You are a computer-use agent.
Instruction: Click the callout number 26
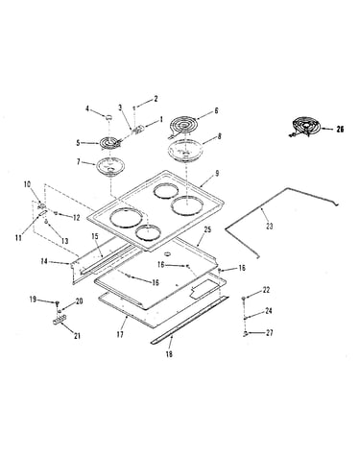pyautogui.click(x=340, y=130)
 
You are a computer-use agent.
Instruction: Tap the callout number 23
pyautogui.click(x=270, y=227)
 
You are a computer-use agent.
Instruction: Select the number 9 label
pyautogui.click(x=217, y=173)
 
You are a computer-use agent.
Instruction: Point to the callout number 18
pyautogui.click(x=169, y=354)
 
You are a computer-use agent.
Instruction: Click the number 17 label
pyautogui.click(x=120, y=335)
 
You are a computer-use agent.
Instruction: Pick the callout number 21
pyautogui.click(x=77, y=336)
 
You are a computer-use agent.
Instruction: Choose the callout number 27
pyautogui.click(x=270, y=333)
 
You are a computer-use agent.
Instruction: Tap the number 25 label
pyautogui.click(x=207, y=229)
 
